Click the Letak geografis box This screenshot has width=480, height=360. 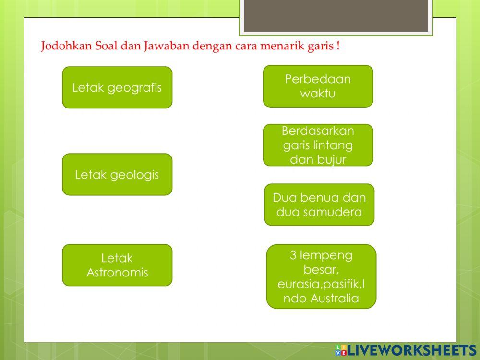[x=117, y=87]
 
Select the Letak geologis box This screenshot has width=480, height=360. [x=117, y=174]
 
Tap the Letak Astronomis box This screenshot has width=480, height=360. [x=117, y=265]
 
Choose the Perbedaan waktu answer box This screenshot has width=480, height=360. [x=318, y=86]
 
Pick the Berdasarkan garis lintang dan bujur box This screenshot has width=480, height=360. [x=318, y=145]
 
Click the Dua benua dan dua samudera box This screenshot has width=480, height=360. [x=319, y=204]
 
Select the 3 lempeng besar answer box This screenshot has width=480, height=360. [x=321, y=276]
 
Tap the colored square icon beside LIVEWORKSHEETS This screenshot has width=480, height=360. [x=341, y=350]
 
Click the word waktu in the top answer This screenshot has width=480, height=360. [x=318, y=93]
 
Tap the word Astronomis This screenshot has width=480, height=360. [x=117, y=273]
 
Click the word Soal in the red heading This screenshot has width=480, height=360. [x=100, y=47]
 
